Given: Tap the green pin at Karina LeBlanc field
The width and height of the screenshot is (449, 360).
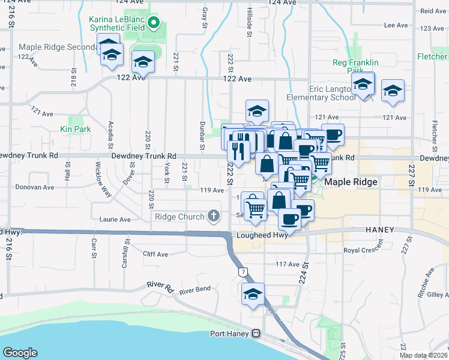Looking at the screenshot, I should point(154,23).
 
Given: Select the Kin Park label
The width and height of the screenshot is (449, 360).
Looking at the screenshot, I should point(75,128).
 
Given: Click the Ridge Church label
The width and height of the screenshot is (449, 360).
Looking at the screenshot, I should point(179,217).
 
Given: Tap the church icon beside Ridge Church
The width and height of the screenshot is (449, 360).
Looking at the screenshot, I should point(213,216).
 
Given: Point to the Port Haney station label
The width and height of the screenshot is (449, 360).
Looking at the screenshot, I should point(230,334).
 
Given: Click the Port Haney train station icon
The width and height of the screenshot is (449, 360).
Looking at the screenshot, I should point(256,334).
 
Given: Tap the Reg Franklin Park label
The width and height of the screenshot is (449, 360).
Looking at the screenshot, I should point(355,66).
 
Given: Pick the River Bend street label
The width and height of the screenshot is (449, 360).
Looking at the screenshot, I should point(194,289).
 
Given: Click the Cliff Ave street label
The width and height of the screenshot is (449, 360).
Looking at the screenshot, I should point(155,254).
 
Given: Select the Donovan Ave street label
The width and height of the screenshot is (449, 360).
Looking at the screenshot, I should point(35,187).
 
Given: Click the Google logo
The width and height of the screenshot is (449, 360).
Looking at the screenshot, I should point(20,353).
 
